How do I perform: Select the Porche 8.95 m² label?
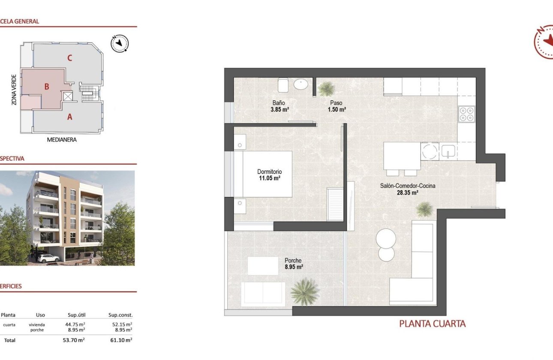coord(294,264)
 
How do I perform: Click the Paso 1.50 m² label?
coord(336,106)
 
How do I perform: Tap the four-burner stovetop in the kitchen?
coord(466,114)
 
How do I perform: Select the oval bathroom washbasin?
coord(301,84)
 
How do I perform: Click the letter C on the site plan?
coord(69,58)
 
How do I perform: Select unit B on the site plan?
coord(47,87)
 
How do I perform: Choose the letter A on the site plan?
coord(69,116)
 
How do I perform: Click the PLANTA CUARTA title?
coord(432,324)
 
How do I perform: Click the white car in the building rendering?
coord(48,258)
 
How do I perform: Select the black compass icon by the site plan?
coord(120,43)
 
